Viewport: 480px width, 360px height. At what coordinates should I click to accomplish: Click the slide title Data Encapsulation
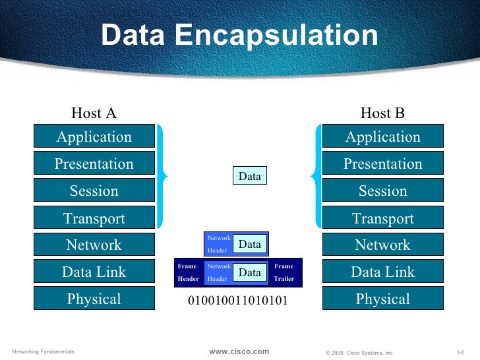click(x=239, y=36)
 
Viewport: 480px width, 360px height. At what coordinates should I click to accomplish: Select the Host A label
click(x=94, y=113)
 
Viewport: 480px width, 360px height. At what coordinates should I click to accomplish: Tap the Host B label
click(x=382, y=113)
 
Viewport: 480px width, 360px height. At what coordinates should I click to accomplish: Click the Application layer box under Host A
click(x=94, y=137)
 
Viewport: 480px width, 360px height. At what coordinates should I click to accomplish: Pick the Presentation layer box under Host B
click(x=382, y=164)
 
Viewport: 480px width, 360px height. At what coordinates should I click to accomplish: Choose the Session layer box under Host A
click(x=94, y=191)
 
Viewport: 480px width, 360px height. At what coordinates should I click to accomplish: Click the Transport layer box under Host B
click(x=382, y=218)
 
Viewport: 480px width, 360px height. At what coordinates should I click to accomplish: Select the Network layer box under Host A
click(x=94, y=245)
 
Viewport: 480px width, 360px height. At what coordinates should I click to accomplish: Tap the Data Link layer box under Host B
click(x=382, y=272)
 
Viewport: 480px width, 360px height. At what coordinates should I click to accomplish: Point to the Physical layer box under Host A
click(x=94, y=299)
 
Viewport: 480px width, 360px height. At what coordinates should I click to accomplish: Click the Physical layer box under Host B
click(x=382, y=299)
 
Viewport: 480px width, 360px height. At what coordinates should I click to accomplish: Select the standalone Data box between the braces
click(x=249, y=176)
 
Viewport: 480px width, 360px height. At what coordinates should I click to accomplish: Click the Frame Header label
click(x=187, y=272)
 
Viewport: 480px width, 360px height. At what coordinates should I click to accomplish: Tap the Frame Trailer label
click(x=284, y=272)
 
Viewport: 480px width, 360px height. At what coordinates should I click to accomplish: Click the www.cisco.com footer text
click(x=239, y=351)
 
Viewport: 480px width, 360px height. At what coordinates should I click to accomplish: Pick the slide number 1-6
click(x=461, y=352)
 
